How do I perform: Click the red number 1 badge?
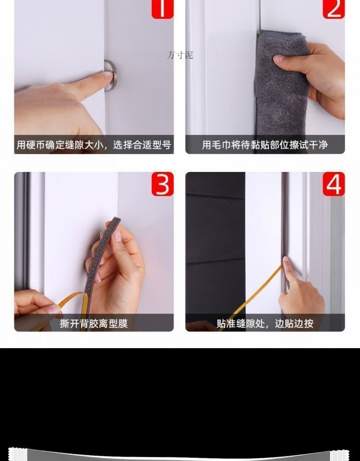[163, 9]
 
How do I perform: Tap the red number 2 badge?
[334, 9]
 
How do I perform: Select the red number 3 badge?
[163, 184]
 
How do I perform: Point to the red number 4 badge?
[334, 184]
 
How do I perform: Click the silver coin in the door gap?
[111, 76]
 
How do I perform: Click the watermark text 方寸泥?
[180, 55]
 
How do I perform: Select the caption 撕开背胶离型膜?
[94, 324]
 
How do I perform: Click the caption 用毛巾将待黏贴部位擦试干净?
[265, 145]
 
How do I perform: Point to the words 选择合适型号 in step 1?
[142, 145]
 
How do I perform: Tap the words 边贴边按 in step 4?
[294, 324]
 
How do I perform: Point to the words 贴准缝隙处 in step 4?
[238, 324]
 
